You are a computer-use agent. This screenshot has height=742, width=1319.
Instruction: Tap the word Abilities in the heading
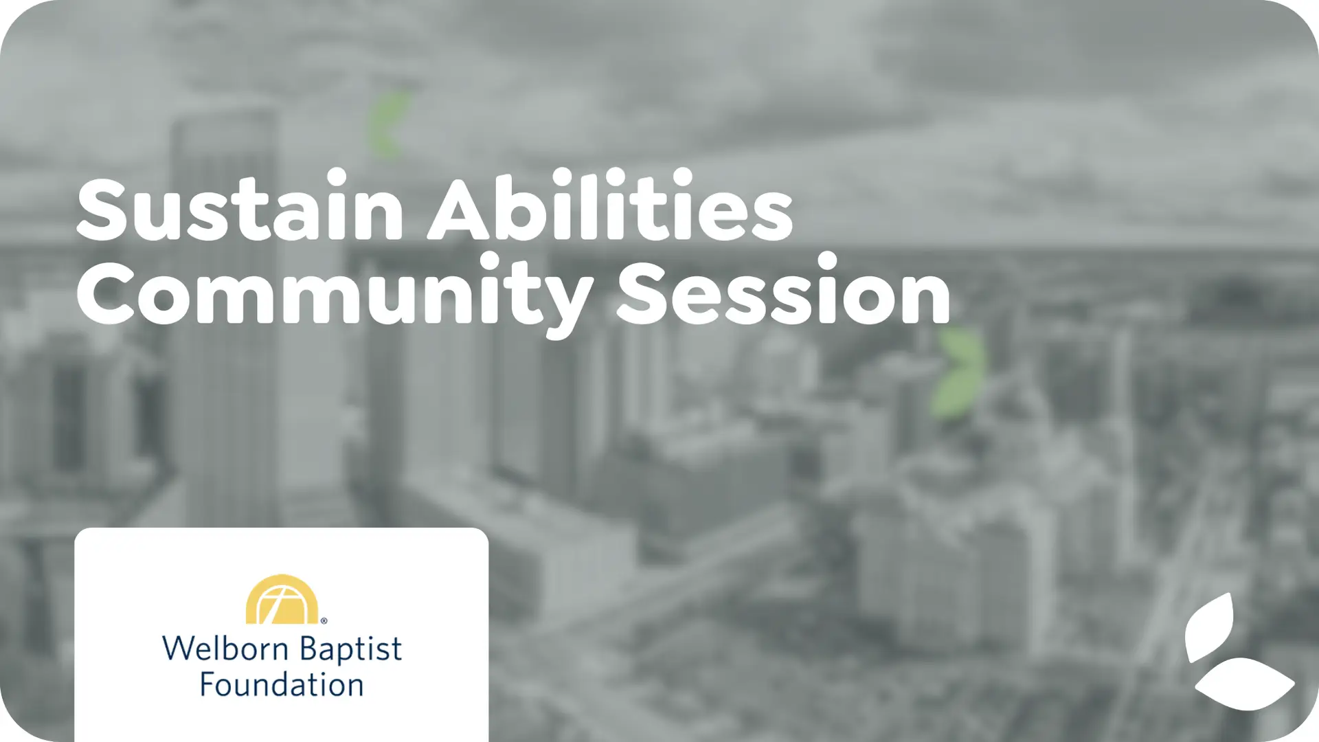611,204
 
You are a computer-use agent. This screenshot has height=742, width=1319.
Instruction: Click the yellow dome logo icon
282,599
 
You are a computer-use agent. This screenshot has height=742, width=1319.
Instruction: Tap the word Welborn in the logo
225,649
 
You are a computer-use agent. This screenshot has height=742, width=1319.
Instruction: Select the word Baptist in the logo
351,650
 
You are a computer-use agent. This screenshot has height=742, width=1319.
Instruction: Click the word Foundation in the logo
282,685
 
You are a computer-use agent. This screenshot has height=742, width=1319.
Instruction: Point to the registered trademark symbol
324,620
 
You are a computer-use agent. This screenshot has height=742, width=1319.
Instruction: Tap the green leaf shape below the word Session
959,372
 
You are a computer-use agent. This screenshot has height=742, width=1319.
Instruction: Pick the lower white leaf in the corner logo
1245,684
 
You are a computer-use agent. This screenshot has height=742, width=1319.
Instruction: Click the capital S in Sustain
103,210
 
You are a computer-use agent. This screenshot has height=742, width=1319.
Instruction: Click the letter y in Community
561,306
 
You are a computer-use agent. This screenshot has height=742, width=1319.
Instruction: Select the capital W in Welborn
180,649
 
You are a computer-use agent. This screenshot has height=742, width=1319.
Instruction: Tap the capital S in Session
644,293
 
